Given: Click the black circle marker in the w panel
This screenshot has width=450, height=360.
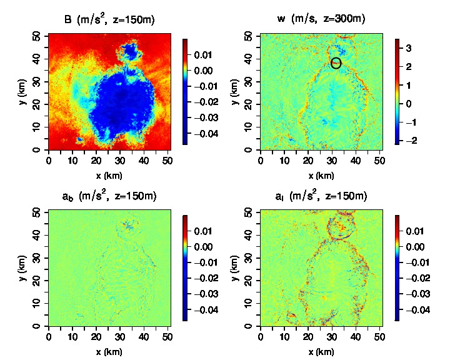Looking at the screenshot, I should pyautogui.click(x=336, y=62).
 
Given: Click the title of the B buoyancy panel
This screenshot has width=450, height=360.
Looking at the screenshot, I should pyautogui.click(x=109, y=20).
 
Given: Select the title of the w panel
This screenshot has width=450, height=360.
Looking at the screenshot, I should pyautogui.click(x=321, y=20).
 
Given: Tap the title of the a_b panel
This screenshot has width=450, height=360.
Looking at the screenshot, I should pyautogui.click(x=109, y=196).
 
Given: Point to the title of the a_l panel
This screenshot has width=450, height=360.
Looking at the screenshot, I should pyautogui.click(x=321, y=196).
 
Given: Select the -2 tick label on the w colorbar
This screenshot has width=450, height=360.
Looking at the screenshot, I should pyautogui.click(x=407, y=141).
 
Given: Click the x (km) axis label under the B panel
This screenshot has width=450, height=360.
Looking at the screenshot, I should pyautogui.click(x=109, y=176).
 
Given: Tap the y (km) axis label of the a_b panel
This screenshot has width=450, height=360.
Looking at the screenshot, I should pyautogui.click(x=23, y=267).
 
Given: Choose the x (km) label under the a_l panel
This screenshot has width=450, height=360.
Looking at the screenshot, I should pyautogui.click(x=321, y=352).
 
